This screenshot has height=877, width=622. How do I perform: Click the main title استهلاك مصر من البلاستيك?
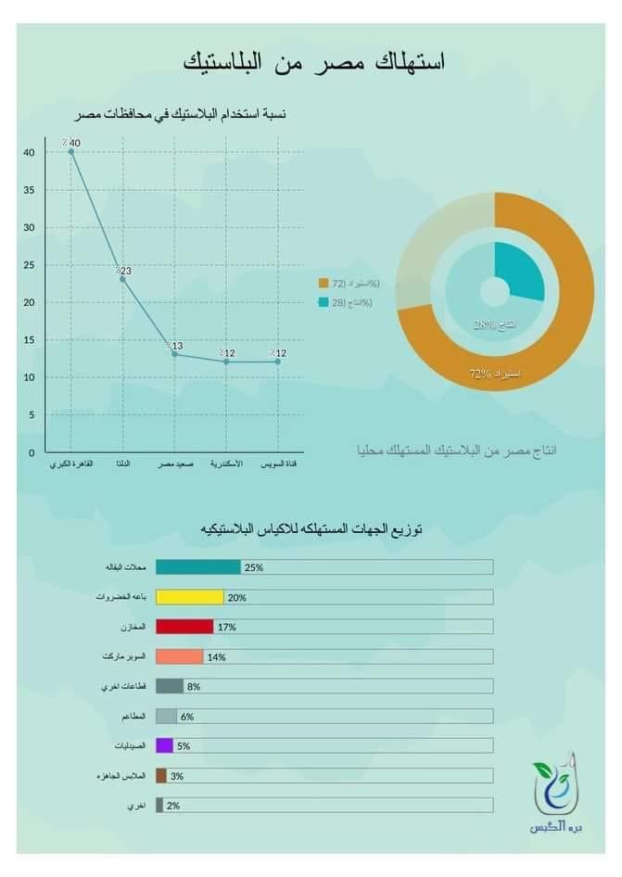(x=314, y=62)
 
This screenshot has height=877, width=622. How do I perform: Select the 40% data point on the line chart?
(x=71, y=151)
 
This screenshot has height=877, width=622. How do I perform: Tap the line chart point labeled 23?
(x=122, y=278)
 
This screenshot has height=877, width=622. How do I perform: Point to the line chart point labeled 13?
(x=174, y=354)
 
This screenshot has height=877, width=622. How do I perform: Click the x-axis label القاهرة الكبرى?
(x=70, y=464)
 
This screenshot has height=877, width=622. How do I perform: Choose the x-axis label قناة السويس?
(x=277, y=464)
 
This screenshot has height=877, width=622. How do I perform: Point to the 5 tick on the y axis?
(x=31, y=415)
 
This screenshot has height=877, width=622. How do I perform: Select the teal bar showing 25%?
(x=197, y=567)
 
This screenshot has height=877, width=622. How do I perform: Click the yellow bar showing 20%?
(x=189, y=598)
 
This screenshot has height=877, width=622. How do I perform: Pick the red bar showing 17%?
(x=184, y=627)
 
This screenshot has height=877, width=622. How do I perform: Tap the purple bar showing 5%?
(x=164, y=745)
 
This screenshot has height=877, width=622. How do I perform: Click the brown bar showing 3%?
(x=160, y=776)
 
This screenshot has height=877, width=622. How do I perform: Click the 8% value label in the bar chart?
(x=193, y=687)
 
